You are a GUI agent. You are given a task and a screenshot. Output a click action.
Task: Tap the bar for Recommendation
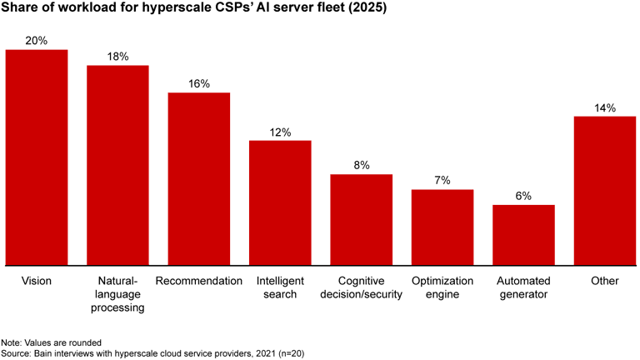[x=199, y=178]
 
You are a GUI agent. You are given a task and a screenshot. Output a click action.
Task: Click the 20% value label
[x=37, y=40]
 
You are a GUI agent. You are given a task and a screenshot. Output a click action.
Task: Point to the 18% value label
[x=117, y=56]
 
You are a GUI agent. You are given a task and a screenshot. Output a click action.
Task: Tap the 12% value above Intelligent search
[x=280, y=132]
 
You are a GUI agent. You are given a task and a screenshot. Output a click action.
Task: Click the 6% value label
[x=523, y=196]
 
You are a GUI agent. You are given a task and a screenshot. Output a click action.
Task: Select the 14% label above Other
[x=605, y=107]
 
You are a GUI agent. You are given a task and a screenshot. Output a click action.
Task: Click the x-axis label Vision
[x=37, y=281]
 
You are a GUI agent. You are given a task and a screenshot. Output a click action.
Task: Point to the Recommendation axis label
[x=199, y=281]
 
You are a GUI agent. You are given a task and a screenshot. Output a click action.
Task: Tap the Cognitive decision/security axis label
[x=361, y=287]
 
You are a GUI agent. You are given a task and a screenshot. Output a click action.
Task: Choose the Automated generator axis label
[x=523, y=287]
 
